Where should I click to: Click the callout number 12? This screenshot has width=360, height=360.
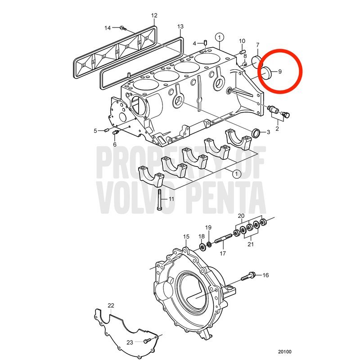pos(154,16)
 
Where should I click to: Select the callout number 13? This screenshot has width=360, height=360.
pos(180,27)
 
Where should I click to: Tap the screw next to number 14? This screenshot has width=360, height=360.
pos(123,28)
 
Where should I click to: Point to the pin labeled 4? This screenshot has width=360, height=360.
pos(206,42)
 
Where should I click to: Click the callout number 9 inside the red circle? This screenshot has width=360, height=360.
pos(279,72)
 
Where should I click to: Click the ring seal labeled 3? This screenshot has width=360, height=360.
pos(256,133)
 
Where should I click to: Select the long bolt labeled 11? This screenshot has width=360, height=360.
pos(159,199)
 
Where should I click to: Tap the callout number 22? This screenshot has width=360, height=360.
pos(111,306)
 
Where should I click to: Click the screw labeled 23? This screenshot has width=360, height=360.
pos(147,341)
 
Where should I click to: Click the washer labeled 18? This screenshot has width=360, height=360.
pos(202,247)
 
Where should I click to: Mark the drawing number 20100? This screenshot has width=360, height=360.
pos(285,352)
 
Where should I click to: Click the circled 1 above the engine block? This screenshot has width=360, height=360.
pos(219,37)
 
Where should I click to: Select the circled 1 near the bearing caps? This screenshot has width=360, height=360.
pos(237,174)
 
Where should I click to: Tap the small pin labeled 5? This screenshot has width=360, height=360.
pos(106,130)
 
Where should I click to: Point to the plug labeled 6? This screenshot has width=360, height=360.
pos(116,132)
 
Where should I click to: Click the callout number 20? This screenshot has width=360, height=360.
pos(241,216)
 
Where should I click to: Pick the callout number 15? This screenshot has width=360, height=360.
pos(186,237)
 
